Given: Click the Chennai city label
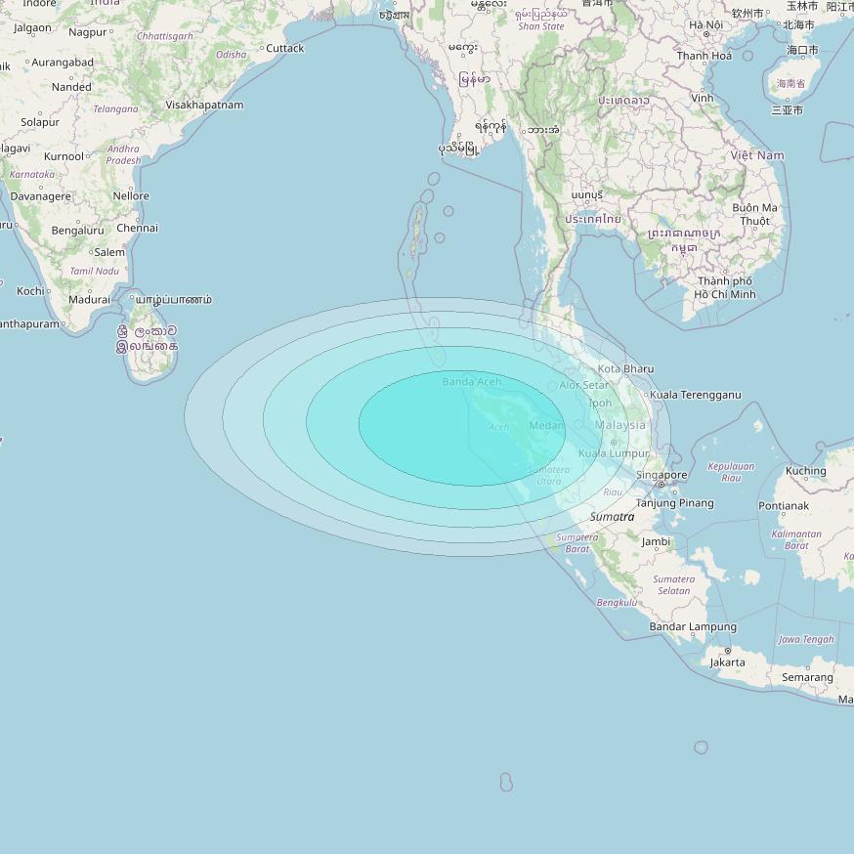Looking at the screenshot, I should tap(137, 228).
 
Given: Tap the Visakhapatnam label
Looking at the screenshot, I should tap(204, 105).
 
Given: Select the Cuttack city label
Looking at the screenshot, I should tap(285, 48).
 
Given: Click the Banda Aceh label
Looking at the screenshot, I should tap(471, 381).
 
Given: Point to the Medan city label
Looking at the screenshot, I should tap(546, 426).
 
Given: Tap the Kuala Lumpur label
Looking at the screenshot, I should tap(615, 453).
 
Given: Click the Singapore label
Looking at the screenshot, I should tap(662, 476).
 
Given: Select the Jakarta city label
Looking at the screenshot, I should tap(727, 662).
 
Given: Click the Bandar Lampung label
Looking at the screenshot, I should tap(693, 626).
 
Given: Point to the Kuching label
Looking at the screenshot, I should tap(806, 471).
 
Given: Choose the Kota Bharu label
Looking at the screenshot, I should tap(625, 368).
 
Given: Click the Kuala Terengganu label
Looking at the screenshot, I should tap(695, 395).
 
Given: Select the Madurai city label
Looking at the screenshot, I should tap(90, 299).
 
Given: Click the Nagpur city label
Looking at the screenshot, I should tap(88, 32).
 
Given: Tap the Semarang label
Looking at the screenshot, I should tap(807, 677).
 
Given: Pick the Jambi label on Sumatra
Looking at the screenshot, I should tap(656, 541).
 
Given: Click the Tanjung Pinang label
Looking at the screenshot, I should tap(675, 503).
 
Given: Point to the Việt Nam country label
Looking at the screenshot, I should tap(757, 155).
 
